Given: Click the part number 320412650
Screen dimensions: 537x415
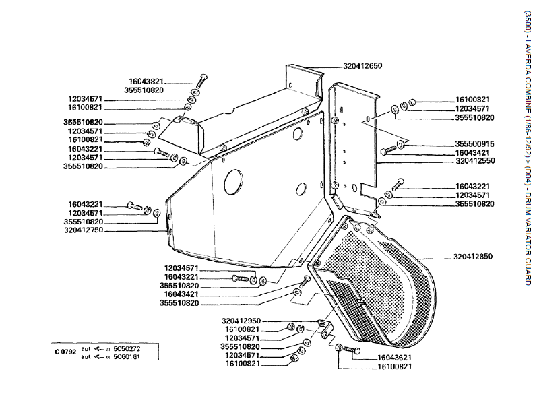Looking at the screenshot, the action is [x=362, y=66].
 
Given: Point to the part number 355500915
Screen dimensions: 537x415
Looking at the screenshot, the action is [x=474, y=143].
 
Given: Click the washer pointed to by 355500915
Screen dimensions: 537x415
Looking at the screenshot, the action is [x=400, y=143].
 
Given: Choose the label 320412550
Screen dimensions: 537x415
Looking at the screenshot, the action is [x=476, y=160].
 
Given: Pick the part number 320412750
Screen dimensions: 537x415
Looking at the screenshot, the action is [x=84, y=230].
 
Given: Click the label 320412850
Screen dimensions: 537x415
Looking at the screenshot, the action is [x=472, y=257].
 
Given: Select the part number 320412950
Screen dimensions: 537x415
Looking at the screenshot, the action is [x=241, y=321].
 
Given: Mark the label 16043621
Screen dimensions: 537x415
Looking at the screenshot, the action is [x=395, y=358].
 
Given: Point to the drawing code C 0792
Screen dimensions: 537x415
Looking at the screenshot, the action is [x=65, y=352].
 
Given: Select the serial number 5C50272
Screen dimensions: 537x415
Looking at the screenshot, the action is [x=127, y=349].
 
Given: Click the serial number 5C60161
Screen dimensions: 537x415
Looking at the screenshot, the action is [x=127, y=357].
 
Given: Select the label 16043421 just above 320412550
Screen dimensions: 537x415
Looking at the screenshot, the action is [x=472, y=152].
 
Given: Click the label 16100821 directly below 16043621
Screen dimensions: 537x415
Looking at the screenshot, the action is [x=395, y=366].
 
